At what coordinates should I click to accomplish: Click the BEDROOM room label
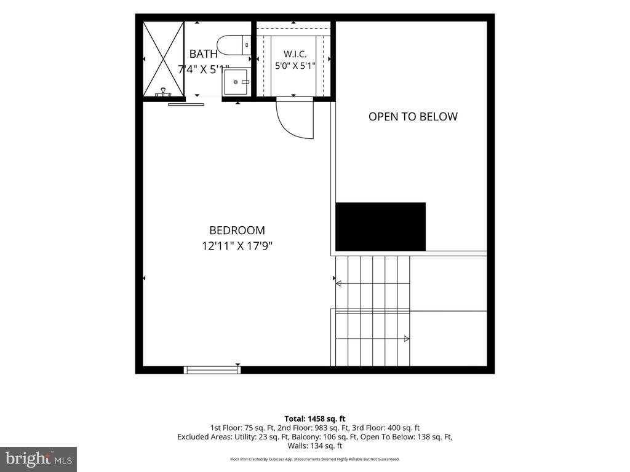click(237, 230)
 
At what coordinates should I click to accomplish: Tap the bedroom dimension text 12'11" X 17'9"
click(237, 246)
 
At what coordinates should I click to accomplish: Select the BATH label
click(203, 54)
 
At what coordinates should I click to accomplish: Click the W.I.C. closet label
click(295, 54)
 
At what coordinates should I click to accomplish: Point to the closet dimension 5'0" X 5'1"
click(295, 66)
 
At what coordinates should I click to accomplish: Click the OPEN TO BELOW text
click(413, 116)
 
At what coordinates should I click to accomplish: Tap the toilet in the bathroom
click(234, 44)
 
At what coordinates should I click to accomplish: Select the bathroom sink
click(237, 82)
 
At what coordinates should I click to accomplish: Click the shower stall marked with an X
click(164, 59)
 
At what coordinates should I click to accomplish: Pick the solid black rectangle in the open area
click(380, 227)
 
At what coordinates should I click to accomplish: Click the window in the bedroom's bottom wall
click(212, 370)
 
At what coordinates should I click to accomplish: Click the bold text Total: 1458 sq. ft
click(315, 419)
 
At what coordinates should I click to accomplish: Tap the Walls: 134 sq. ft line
click(315, 446)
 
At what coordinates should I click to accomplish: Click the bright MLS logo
click(39, 459)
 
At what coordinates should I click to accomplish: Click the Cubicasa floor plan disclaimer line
click(315, 459)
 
